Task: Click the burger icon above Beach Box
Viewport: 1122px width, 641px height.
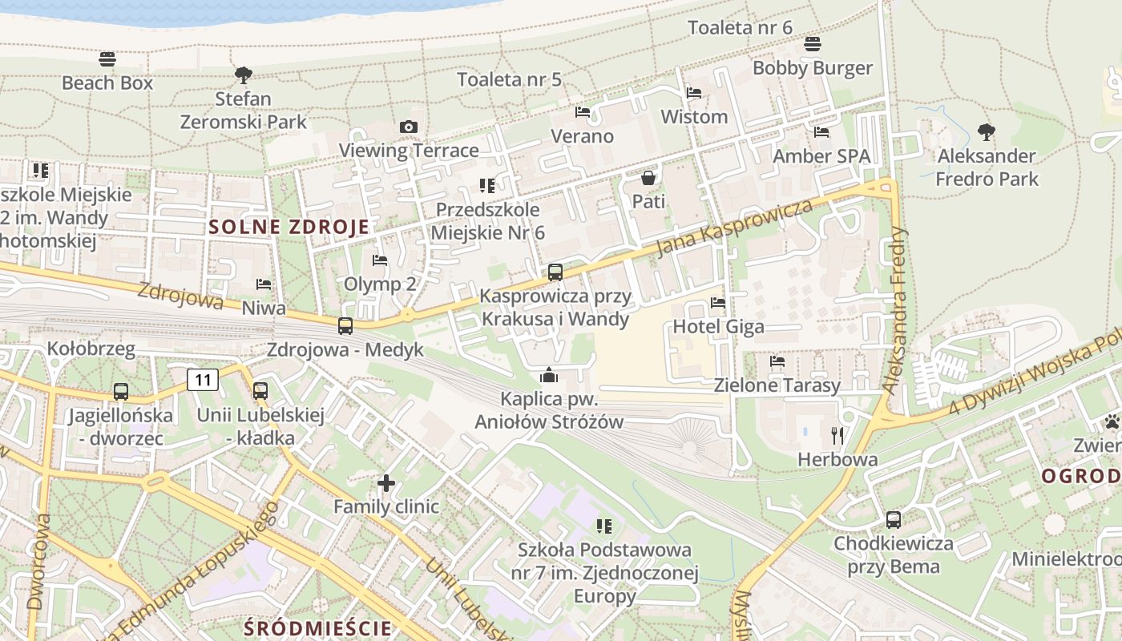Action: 107,58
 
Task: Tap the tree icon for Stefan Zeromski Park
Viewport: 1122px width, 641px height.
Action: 244,75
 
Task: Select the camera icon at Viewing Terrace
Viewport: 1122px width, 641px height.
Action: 409,127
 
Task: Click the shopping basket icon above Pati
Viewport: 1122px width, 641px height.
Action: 648,177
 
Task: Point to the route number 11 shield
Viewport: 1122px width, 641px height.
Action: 203,379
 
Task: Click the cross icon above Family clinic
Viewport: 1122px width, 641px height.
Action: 386,482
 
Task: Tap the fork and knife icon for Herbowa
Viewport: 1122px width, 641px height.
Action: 837,436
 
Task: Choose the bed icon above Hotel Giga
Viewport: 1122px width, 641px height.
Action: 718,303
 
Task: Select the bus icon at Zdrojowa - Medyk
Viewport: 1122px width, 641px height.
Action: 345,326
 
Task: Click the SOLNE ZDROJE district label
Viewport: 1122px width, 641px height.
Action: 289,227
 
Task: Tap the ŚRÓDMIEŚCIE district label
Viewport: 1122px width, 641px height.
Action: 318,627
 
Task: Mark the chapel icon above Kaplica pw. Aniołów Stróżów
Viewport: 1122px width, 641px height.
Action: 549,375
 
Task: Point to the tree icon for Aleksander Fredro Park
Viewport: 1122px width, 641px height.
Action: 987,132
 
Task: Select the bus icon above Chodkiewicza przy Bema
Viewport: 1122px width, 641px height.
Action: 894,520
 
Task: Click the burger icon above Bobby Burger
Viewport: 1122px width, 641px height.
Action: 813,43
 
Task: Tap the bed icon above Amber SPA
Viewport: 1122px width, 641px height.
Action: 821,132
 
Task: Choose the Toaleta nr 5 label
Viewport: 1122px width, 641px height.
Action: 509,79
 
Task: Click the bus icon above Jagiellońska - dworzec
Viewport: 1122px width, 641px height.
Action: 121,392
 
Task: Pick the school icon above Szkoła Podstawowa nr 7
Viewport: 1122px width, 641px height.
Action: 604,526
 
